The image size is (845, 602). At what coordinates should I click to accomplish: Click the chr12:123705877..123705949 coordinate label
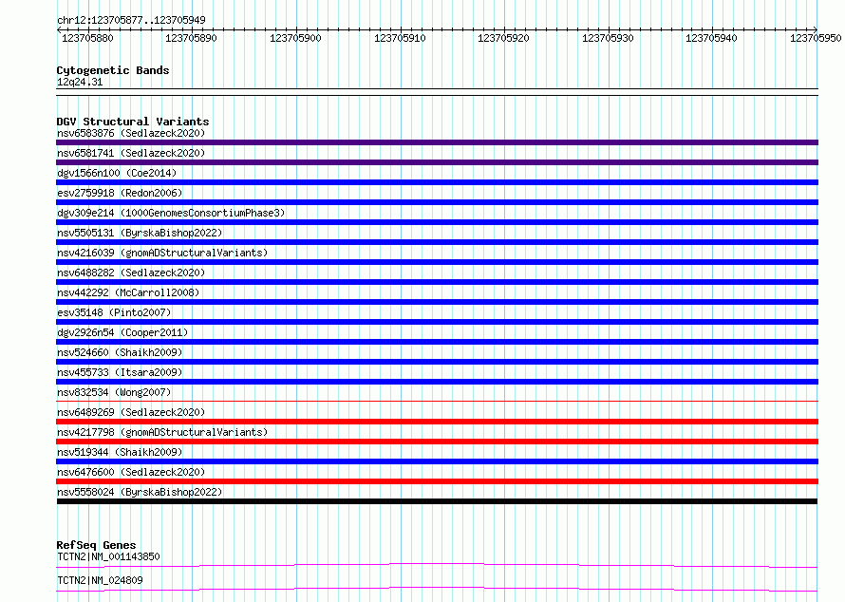[x=131, y=20]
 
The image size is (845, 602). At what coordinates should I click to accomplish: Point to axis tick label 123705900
[x=295, y=38]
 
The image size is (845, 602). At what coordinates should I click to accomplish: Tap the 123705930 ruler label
[x=608, y=38]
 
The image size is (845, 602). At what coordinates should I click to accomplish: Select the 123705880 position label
[x=87, y=38]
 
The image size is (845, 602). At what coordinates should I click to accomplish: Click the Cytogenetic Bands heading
[x=113, y=70]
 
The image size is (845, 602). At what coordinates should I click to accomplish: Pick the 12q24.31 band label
[x=80, y=82]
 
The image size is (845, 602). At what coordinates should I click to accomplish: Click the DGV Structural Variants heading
[x=133, y=122]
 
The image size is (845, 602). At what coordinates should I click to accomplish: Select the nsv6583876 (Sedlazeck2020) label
[x=131, y=133]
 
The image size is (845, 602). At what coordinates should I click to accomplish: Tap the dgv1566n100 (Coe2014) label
[x=117, y=173]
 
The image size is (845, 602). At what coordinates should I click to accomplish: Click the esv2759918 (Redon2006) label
[x=120, y=193]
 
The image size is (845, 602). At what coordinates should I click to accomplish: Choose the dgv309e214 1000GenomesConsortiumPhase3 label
[x=171, y=213]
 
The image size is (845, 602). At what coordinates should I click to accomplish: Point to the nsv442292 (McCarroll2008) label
[x=128, y=292]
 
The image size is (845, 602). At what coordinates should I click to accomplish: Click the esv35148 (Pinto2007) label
[x=114, y=312]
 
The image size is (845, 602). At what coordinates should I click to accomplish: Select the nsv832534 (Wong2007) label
[x=114, y=392]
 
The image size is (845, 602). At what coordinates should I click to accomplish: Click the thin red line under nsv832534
[x=437, y=402]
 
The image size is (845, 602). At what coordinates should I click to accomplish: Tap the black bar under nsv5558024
[x=437, y=501]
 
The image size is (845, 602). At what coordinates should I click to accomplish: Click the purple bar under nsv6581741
[x=437, y=162]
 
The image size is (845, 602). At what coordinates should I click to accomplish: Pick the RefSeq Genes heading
[x=96, y=545]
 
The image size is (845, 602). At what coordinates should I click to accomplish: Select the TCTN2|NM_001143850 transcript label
[x=108, y=556]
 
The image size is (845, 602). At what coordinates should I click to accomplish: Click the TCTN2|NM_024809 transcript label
[x=100, y=580]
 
